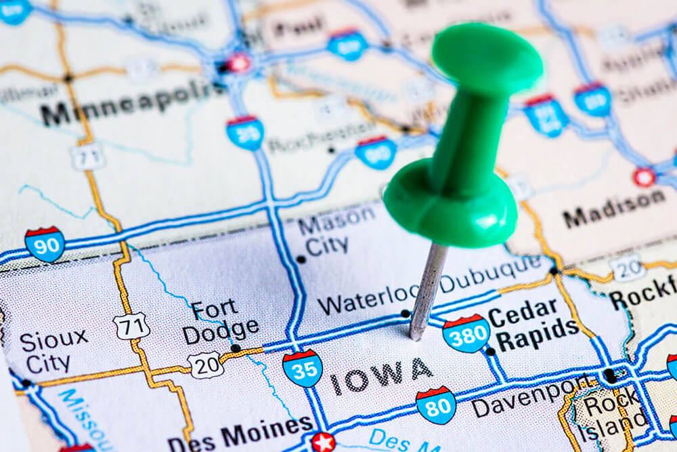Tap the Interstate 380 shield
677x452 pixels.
pyautogui.click(x=466, y=333)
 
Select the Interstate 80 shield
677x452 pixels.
pyautogui.click(x=435, y=405)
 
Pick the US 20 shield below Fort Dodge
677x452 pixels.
pyautogui.click(x=206, y=365)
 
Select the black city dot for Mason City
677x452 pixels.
pyautogui.click(x=301, y=259)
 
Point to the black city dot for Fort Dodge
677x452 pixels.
pyautogui.click(x=235, y=348)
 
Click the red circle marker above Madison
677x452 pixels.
pyautogui.click(x=644, y=177)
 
